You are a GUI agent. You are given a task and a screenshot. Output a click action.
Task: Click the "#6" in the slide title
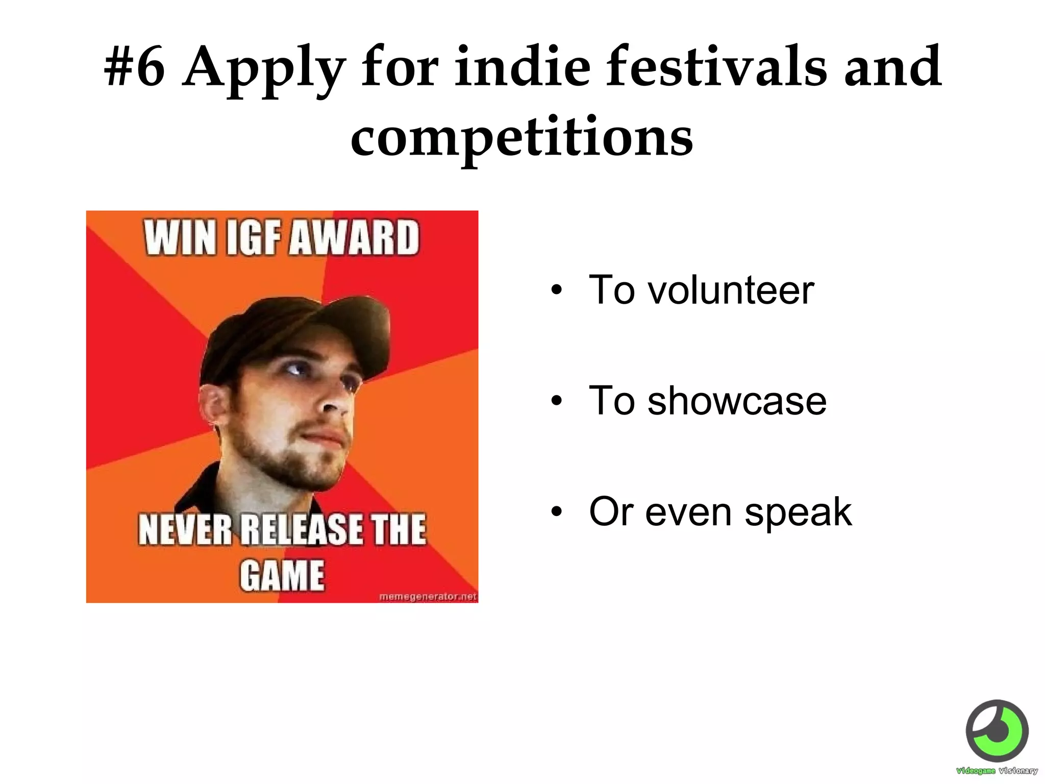(135, 67)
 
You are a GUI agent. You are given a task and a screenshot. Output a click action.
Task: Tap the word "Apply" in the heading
(264, 69)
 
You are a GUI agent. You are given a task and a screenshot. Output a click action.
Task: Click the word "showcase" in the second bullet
(737, 401)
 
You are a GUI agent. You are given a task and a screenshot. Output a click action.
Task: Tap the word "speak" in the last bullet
(798, 511)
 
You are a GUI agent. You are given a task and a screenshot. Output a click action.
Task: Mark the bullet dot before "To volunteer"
(556, 290)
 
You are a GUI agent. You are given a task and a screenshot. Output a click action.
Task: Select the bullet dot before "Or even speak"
(556, 512)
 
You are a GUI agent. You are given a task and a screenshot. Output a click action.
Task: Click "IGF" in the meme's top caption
(254, 237)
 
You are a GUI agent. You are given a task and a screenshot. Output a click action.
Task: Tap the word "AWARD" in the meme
(354, 237)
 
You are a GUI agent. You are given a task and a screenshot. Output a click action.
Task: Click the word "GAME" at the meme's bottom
(282, 576)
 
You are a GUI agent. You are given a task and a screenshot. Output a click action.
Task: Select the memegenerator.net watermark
(428, 596)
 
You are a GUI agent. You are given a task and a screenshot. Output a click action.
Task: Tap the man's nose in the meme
(334, 403)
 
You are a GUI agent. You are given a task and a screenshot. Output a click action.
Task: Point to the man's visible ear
(213, 403)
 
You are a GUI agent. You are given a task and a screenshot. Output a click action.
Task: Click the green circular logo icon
(997, 731)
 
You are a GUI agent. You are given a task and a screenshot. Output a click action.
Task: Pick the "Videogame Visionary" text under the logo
(997, 771)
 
